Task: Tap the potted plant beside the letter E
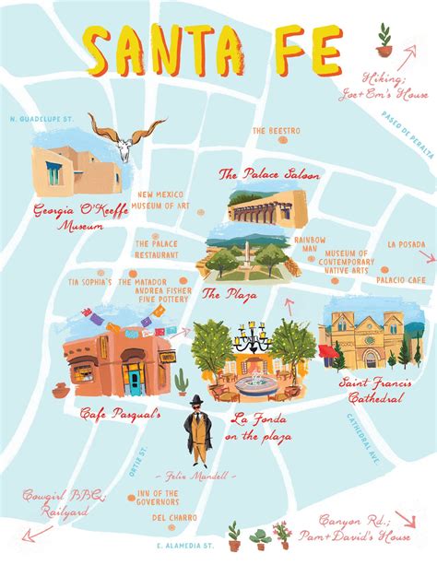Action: coord(384,37)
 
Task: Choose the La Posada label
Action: coord(406,245)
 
